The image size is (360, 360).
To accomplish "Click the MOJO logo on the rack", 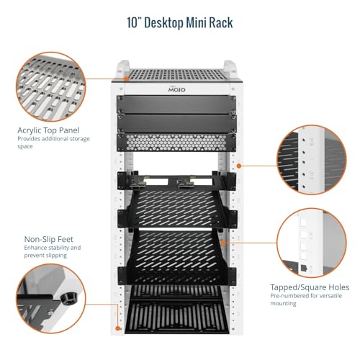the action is point(176,89).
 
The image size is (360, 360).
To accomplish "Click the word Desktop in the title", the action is point(164,23).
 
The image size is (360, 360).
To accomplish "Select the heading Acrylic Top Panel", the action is point(48,130).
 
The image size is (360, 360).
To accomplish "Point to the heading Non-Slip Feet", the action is point(49,239).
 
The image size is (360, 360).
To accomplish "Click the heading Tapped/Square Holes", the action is point(310,287).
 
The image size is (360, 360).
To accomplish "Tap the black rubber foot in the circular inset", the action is point(68,298).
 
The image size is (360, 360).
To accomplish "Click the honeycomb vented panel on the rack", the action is point(176,143).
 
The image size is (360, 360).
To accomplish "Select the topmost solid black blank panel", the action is point(176,104).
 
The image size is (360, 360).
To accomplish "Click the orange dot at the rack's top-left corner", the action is point(127,78).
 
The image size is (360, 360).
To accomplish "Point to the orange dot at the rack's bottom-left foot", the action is point(117,328).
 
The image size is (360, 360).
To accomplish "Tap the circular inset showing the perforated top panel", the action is point(51,86).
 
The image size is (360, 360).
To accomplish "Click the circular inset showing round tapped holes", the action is point(312,160).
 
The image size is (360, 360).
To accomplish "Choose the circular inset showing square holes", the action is point(312,243).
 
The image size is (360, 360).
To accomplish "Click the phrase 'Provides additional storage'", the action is point(53,139).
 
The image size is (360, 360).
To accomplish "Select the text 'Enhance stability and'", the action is point(53,248).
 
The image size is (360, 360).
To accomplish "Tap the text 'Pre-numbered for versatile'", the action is point(306,296).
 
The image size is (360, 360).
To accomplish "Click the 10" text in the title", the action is point(135,23).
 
